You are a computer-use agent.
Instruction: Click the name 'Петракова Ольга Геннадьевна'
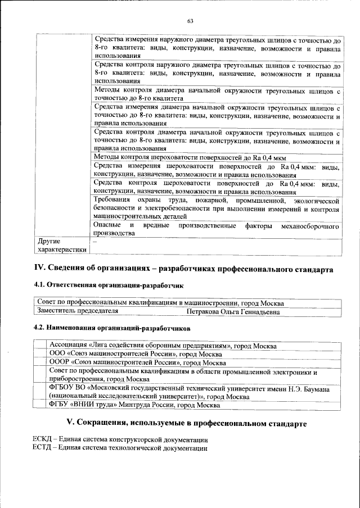click(x=233, y=311)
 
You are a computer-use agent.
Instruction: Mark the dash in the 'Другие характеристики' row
click(x=95, y=241)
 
